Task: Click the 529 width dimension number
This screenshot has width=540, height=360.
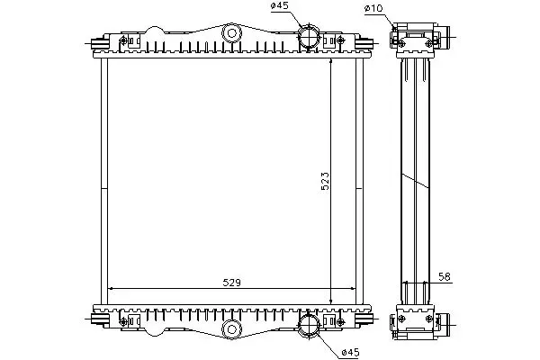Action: [232, 283]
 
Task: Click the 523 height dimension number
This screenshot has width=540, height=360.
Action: [325, 181]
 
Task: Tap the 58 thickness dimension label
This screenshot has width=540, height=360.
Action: [445, 276]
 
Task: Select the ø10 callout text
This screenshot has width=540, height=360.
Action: [373, 8]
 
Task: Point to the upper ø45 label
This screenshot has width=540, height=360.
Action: [280, 6]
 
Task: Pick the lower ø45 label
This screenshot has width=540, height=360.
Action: [350, 353]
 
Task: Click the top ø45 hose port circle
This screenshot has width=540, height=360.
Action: [309, 37]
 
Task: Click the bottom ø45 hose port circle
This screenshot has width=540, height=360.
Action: [309, 325]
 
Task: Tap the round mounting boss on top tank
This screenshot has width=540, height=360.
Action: [232, 33]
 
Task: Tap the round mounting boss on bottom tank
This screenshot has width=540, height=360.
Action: [232, 329]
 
